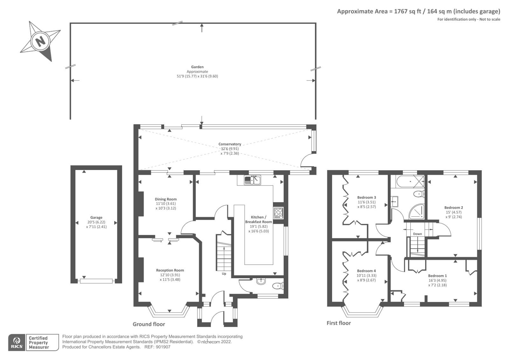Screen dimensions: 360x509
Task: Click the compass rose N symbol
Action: [40, 41]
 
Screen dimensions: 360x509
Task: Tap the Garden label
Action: [197, 67]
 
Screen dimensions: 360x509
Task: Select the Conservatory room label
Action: [230, 144]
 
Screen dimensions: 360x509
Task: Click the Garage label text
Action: [96, 218]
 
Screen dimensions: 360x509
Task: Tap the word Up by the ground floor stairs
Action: [224, 274]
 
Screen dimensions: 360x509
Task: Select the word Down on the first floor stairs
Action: [417, 234]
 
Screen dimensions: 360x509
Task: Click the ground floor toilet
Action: [277, 286]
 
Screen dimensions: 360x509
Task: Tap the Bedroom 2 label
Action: [454, 208]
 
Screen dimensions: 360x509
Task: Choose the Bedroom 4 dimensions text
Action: [366, 278]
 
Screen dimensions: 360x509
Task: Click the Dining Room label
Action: [166, 199]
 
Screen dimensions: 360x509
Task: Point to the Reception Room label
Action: [170, 270]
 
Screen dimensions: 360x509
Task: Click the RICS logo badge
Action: [17, 342]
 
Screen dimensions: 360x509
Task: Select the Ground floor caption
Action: [149, 324]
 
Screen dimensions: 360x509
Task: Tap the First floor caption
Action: [338, 323]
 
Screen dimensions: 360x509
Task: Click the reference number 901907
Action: [164, 347]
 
